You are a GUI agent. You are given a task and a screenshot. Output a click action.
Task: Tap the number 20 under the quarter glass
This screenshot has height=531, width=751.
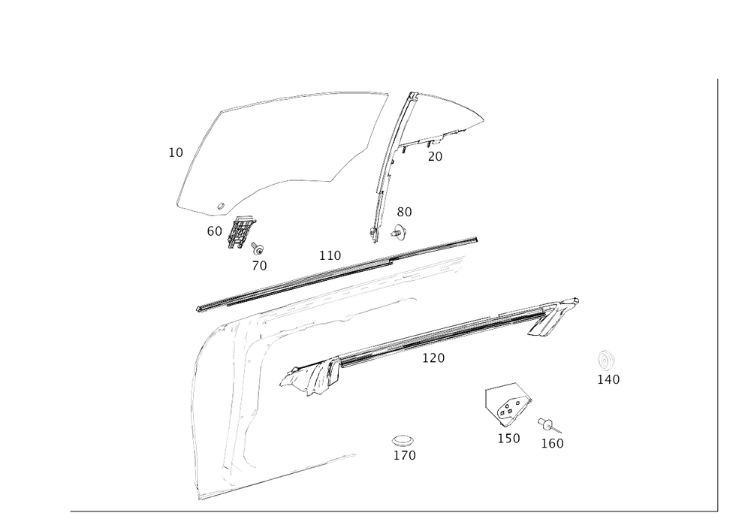coord(435,156)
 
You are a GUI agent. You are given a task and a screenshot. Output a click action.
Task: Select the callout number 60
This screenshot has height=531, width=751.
coord(214,233)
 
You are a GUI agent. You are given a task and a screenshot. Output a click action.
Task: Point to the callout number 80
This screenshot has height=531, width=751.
coord(405,213)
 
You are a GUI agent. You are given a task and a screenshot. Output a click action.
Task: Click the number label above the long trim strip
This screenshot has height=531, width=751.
coord(330,255)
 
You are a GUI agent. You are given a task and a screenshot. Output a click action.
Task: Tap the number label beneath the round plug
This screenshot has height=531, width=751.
coord(608,380)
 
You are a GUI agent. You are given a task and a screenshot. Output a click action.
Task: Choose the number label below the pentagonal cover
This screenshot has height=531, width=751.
coord(508,438)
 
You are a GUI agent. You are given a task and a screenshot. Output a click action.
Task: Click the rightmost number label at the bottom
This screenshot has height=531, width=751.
coord(553,443)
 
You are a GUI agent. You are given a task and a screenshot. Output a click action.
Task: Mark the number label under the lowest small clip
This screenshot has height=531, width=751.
coord(404,455)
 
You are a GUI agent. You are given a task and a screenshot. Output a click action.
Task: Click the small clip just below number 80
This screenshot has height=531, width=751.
coord(400,233)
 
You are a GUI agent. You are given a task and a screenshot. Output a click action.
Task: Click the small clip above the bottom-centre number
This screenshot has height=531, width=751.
coord(403,440)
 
